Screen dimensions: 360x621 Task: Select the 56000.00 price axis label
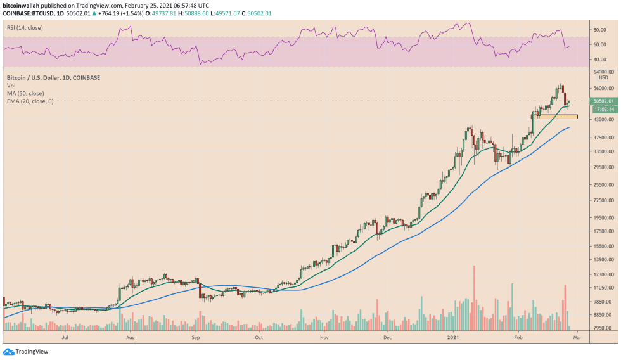click(603, 88)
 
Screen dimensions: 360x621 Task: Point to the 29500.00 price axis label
click(603, 167)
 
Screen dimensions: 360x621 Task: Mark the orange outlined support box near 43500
click(554, 117)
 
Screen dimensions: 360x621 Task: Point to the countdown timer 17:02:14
click(603, 109)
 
